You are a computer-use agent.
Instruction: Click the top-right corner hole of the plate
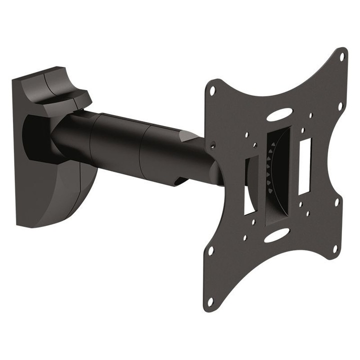pyautogui.click(x=342, y=56)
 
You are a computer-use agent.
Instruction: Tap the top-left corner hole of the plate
pyautogui.click(x=212, y=91)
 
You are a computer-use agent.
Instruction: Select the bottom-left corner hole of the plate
pyautogui.click(x=210, y=301)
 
